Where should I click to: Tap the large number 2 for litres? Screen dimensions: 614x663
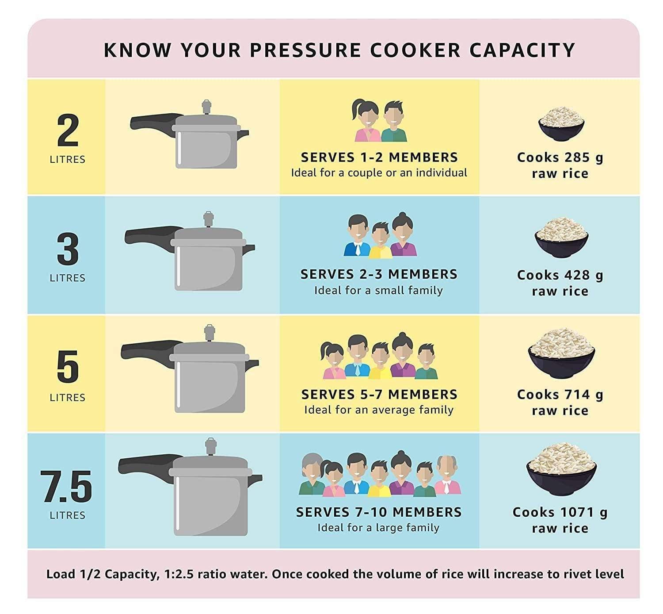click(x=68, y=130)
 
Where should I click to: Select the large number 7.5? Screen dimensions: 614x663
click(x=67, y=487)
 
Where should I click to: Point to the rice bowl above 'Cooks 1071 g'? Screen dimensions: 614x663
click(x=561, y=470)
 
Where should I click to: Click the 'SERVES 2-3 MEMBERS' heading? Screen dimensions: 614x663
click(x=379, y=274)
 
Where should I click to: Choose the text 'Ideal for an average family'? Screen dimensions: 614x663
click(x=379, y=410)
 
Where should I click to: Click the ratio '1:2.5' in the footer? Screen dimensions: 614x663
click(x=179, y=574)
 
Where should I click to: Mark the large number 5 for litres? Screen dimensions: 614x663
click(x=68, y=367)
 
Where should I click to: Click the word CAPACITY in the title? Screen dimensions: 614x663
click(x=522, y=50)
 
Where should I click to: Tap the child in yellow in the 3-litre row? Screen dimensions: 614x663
click(x=380, y=241)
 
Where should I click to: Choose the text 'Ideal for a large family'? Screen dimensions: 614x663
click(x=379, y=528)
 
